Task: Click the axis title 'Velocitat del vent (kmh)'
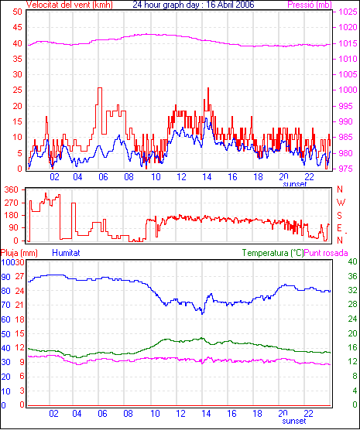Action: tap(70, 5)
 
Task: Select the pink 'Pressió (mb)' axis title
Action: tap(310, 5)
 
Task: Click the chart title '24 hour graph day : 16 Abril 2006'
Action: tap(194, 5)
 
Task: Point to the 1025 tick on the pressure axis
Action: tap(348, 12)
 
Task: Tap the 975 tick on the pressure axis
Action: tap(348, 169)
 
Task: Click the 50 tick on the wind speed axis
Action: tap(17, 12)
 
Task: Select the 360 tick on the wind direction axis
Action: tap(12, 189)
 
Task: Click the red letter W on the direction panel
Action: tap(341, 203)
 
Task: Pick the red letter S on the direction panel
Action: tap(340, 216)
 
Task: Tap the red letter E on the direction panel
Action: tap(340, 228)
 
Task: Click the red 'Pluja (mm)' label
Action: tap(19, 253)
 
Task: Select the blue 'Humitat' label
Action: tap(66, 253)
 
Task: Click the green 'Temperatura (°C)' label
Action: tap(273, 253)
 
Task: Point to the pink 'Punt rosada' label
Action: tap(326, 253)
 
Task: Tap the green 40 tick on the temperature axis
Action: tap(352, 261)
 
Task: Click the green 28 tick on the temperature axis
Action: tap(352, 305)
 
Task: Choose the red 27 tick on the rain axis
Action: tap(19, 276)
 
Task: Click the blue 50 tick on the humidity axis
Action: tap(5, 334)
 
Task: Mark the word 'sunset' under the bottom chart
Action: tap(294, 421)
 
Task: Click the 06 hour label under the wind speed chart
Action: tap(103, 177)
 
